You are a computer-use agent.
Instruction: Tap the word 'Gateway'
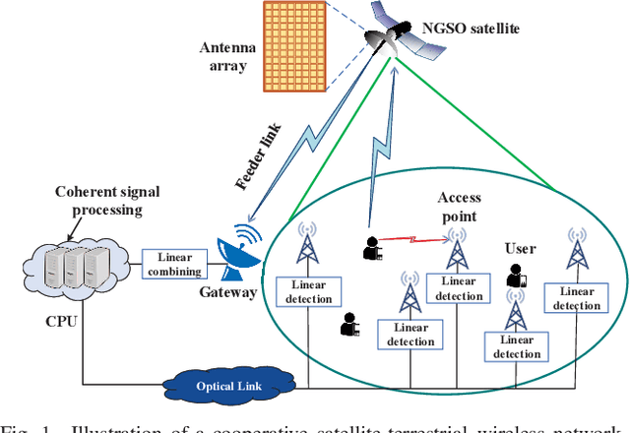(x=229, y=292)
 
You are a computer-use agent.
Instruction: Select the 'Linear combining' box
(x=174, y=264)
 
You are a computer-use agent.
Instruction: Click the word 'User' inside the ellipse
(x=520, y=248)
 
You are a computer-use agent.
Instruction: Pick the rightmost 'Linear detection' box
(x=578, y=298)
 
